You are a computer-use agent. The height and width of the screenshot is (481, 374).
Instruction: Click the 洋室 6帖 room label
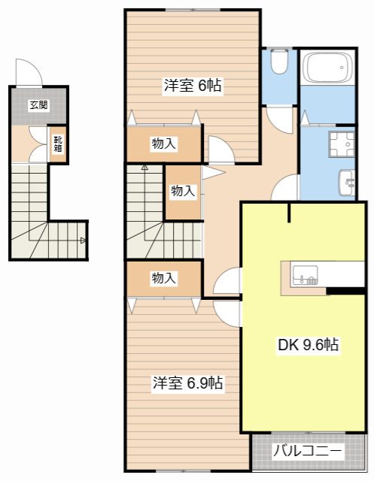(x=193, y=86)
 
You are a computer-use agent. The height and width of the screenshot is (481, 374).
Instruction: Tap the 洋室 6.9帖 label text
(x=187, y=383)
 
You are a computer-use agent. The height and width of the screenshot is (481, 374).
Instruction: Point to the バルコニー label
(x=307, y=452)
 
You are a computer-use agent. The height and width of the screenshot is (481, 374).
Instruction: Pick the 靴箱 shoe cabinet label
(x=58, y=144)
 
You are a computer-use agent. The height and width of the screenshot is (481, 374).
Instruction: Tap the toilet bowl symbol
(x=279, y=62)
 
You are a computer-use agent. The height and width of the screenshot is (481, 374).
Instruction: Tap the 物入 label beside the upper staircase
(x=183, y=191)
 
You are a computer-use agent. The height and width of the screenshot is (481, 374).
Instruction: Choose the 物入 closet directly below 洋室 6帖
(x=164, y=144)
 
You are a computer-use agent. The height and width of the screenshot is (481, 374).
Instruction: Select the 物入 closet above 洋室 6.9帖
(x=164, y=278)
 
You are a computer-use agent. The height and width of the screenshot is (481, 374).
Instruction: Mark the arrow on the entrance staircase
(x=83, y=240)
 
